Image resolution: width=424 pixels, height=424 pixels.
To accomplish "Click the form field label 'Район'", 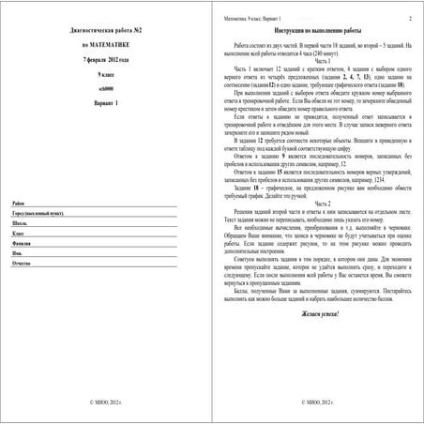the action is (19, 229).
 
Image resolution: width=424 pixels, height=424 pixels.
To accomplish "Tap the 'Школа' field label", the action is (21, 250).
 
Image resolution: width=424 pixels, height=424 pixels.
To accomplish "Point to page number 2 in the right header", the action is (409, 18).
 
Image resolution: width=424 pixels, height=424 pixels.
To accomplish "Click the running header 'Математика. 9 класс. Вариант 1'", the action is (254, 18).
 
